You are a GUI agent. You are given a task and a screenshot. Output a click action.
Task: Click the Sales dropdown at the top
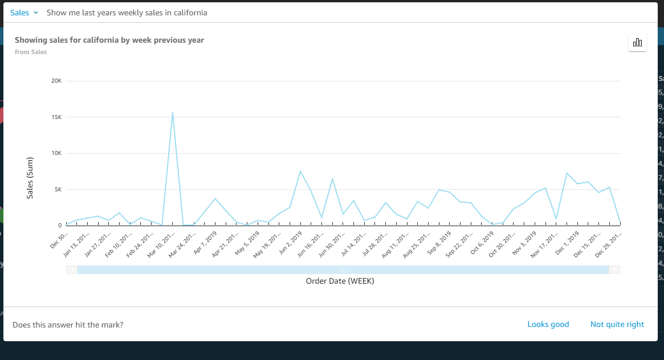(24, 13)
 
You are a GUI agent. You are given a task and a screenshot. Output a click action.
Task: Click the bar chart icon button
(637, 43)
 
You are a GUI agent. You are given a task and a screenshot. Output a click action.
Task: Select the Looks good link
(548, 324)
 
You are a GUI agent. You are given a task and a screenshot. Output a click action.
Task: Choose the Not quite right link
(617, 324)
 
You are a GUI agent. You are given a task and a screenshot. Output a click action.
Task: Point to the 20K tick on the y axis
(56, 81)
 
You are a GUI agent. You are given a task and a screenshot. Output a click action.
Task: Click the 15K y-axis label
(56, 117)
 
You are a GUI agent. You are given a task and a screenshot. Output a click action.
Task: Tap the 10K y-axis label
(56, 153)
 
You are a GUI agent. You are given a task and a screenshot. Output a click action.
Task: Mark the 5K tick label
(58, 190)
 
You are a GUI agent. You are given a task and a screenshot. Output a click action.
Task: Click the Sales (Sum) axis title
(30, 177)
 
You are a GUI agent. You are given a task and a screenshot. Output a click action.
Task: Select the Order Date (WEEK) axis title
(340, 281)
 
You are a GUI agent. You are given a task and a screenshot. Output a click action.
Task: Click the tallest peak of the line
(172, 113)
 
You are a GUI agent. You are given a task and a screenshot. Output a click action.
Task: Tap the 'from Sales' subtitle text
(31, 52)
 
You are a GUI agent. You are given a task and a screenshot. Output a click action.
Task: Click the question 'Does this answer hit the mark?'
(68, 325)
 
